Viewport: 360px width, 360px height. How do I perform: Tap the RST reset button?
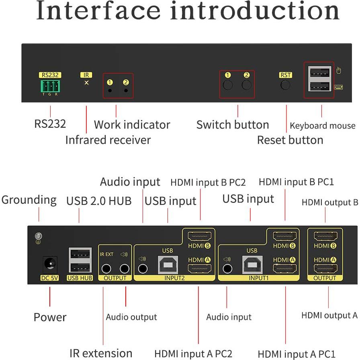pos(286,85)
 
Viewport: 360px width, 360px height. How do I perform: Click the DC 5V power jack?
pos(50,264)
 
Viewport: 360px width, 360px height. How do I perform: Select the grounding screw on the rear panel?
pos(39,237)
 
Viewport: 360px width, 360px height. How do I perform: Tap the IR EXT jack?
pos(106,268)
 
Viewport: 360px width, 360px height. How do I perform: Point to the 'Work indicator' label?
pos(132,125)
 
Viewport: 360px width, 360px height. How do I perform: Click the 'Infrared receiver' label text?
pos(108,140)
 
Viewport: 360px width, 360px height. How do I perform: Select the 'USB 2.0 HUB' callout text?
pos(99,200)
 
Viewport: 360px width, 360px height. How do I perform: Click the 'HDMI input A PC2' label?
pos(193,354)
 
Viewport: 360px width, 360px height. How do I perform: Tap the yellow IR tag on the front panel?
pos(86,75)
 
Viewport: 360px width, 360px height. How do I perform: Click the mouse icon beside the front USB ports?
pos(338,71)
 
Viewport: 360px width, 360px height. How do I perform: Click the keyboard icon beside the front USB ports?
pos(338,86)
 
